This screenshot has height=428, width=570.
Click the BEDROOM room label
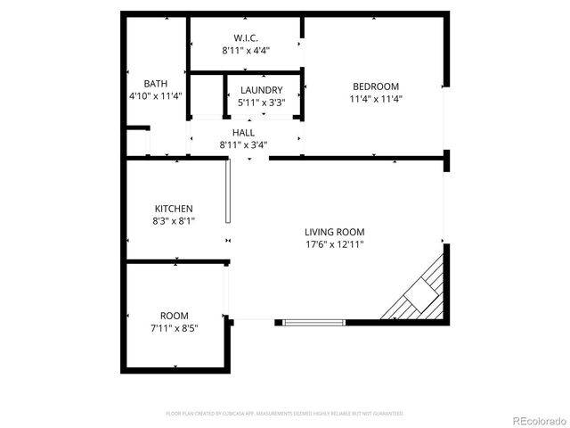click(x=374, y=86)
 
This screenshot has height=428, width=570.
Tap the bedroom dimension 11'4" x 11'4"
click(x=374, y=99)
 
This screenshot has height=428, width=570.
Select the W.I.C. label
click(x=246, y=38)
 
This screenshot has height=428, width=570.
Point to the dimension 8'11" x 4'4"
click(x=246, y=51)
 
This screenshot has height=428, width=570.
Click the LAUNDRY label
click(x=261, y=90)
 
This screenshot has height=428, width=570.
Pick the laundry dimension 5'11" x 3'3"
click(x=261, y=103)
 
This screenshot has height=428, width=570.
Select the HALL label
click(x=243, y=132)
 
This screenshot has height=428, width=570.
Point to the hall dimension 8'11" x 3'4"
click(x=243, y=144)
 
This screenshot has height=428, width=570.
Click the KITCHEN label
click(x=174, y=208)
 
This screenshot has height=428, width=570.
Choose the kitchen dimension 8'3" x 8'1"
click(x=174, y=220)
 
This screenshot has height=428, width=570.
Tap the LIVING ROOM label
click(x=334, y=231)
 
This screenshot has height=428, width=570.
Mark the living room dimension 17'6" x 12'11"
click(x=334, y=243)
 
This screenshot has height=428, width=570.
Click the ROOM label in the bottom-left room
click(x=174, y=316)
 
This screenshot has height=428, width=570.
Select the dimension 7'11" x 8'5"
click(x=174, y=328)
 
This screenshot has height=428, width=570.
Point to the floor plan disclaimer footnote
click(x=285, y=414)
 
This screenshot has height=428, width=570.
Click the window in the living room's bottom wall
click(x=312, y=321)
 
